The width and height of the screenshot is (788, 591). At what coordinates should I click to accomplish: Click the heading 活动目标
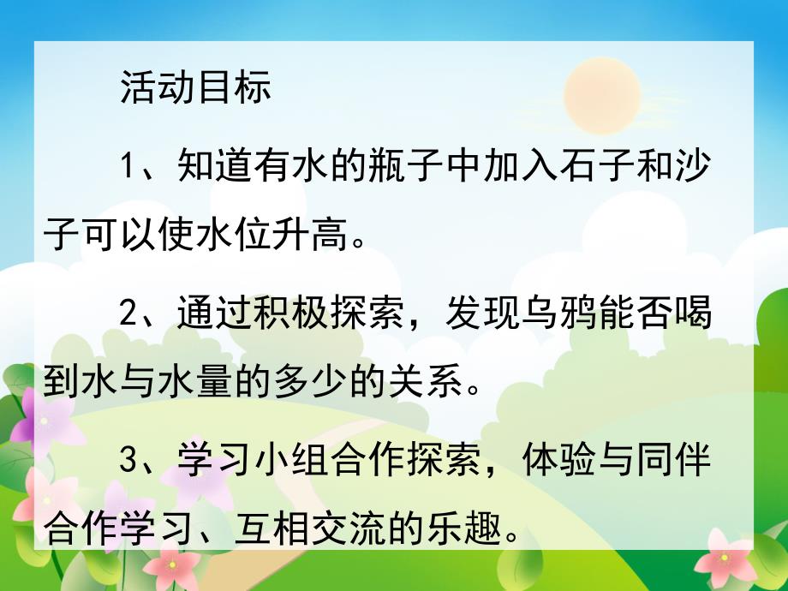(x=195, y=87)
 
